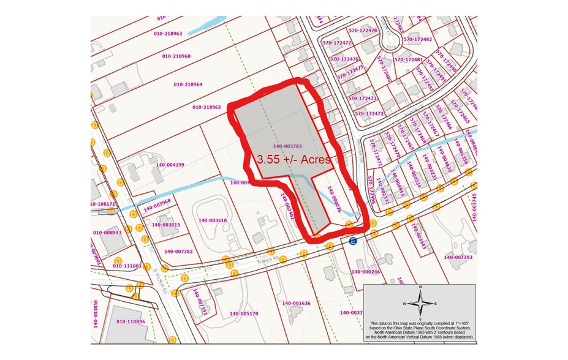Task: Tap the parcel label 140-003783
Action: click(287, 146)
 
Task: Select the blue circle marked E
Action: click(353, 242)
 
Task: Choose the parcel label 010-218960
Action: click(176, 56)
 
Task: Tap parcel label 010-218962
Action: click(206, 107)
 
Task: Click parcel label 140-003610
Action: click(213, 220)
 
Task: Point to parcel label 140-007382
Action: click(178, 252)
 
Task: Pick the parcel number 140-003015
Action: click(165, 225)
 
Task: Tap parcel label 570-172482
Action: click(418, 40)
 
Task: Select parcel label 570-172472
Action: click(369, 114)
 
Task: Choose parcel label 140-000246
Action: click(366, 271)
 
